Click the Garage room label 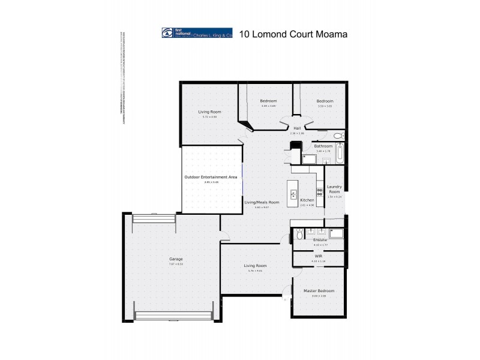tap(176, 259)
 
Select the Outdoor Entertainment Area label tap(211, 177)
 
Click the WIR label tap(319, 256)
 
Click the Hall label tap(297, 128)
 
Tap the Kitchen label tap(307, 200)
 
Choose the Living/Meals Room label tap(262, 202)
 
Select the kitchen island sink tap(293, 193)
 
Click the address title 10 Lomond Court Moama tap(293, 34)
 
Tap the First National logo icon tap(167, 34)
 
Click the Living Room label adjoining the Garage tap(255, 265)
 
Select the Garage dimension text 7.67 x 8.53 tap(176, 265)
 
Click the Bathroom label tap(323, 146)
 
